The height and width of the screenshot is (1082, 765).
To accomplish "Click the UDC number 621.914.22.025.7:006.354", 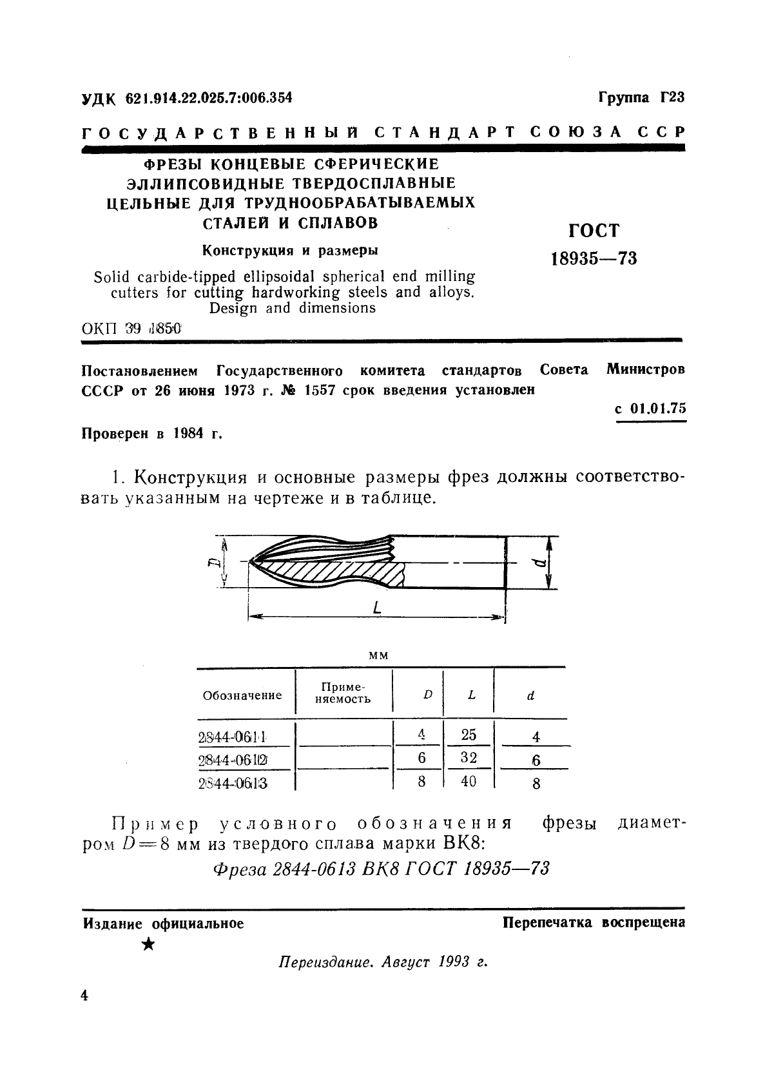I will (209, 98).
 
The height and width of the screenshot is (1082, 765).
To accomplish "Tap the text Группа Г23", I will (641, 97).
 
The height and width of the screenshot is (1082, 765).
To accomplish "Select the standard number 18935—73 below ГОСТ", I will (594, 258).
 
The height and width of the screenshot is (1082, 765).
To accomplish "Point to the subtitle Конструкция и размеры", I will (290, 250).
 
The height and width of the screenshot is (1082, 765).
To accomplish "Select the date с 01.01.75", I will (650, 409).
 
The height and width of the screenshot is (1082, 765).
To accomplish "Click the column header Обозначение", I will (242, 695).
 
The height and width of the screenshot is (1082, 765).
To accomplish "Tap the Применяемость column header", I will (343, 693).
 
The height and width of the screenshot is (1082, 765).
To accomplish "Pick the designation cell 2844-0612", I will (233, 760).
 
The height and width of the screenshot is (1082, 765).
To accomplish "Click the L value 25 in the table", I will (469, 735).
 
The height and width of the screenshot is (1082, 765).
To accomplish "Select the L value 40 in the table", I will (469, 781).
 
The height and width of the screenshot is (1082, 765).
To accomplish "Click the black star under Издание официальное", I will (148, 945).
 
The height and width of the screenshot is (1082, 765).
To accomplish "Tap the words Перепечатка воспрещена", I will (594, 922).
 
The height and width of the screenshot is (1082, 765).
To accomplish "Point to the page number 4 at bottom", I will (84, 996).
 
